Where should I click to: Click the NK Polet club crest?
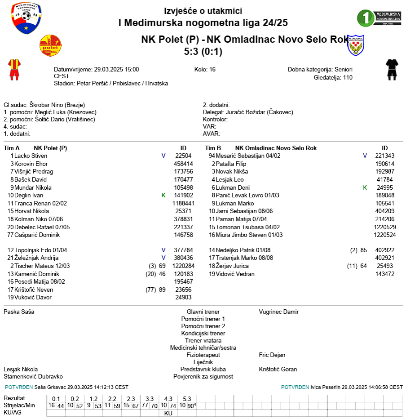pyautogui.click(x=50, y=45)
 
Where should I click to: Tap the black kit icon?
pyautogui.click(x=391, y=70)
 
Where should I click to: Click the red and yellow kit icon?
pyautogui.click(x=14, y=69)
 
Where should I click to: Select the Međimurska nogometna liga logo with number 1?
pyautogui.click(x=379, y=18)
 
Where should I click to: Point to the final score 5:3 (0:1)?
pyautogui.click(x=203, y=52)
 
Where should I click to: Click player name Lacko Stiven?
pyautogui.click(x=31, y=156)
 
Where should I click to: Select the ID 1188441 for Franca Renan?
pyautogui.click(x=183, y=203)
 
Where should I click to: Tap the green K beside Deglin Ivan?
pyautogui.click(x=163, y=196)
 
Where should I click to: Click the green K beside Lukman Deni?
pyautogui.click(x=365, y=187)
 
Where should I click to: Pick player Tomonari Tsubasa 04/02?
pyautogui.click(x=247, y=227)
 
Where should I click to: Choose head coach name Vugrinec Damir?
pyautogui.click(x=278, y=312)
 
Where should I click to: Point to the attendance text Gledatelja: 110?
pyautogui.click(x=333, y=77)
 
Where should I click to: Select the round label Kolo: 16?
pyautogui.click(x=205, y=70)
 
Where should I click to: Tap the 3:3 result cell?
pyautogui.click(x=150, y=399)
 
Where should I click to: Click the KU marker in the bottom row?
pyautogui.click(x=168, y=413)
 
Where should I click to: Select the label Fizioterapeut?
pyautogui.click(x=203, y=355)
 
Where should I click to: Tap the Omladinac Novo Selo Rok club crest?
pyautogui.click(x=356, y=45)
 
